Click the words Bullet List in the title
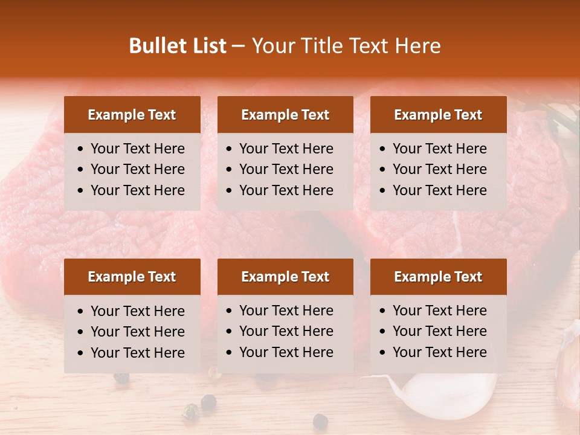click(x=178, y=46)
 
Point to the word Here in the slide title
click(x=417, y=46)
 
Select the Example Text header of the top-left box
click(x=132, y=115)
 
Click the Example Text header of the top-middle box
click(x=285, y=115)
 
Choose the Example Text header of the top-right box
click(x=438, y=115)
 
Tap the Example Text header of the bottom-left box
click(x=132, y=277)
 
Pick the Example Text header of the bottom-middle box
click(x=285, y=277)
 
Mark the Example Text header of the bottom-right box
click(x=438, y=277)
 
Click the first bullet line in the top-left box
click(x=137, y=149)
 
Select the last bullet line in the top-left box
click(x=137, y=190)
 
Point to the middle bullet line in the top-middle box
click(x=286, y=169)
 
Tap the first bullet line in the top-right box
click(x=439, y=149)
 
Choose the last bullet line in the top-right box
click(x=439, y=190)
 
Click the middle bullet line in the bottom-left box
click(x=137, y=332)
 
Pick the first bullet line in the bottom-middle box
click(x=286, y=311)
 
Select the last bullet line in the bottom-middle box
click(x=286, y=352)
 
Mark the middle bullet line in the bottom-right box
click(x=439, y=331)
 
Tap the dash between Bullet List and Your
click(x=239, y=46)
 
